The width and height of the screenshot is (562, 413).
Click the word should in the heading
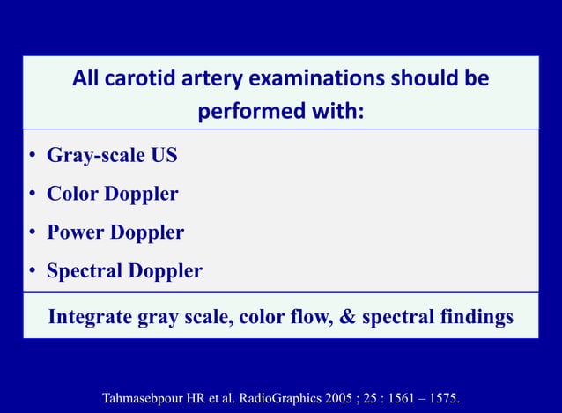pyautogui.click(x=420, y=79)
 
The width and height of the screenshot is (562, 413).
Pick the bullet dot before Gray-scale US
pyautogui.click(x=31, y=157)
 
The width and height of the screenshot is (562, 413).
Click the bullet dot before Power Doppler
pyautogui.click(x=31, y=233)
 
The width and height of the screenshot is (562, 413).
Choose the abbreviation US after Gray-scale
pyautogui.click(x=163, y=156)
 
